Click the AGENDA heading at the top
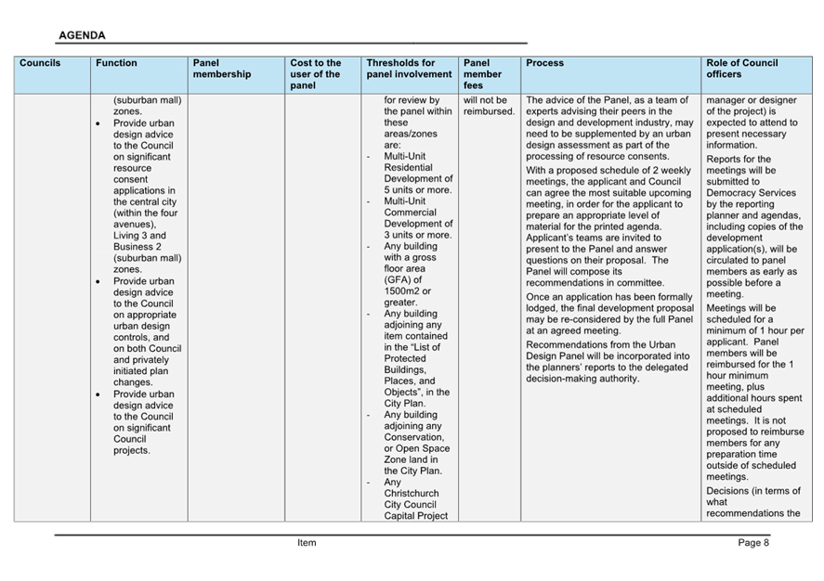(x=82, y=35)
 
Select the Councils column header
(x=40, y=63)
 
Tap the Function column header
(x=116, y=63)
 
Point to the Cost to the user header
(x=315, y=74)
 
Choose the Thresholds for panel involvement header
(x=409, y=69)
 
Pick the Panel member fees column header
(x=482, y=74)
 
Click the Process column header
(x=544, y=63)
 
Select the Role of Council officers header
(x=741, y=69)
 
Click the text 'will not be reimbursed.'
(x=488, y=106)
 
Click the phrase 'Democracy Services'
(x=751, y=193)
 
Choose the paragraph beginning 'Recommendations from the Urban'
(x=608, y=361)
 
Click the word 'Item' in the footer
(x=307, y=543)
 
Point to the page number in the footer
(x=753, y=543)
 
